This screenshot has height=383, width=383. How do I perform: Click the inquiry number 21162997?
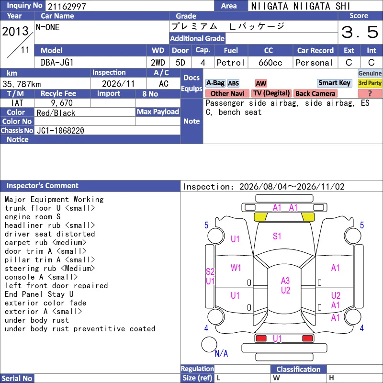coord(67,6)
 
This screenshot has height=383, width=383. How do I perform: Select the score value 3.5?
coord(360,32)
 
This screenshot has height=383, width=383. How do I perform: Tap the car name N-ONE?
coord(47,27)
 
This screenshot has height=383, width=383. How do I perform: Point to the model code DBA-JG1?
coord(57,63)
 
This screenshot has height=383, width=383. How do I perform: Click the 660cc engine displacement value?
coord(270,63)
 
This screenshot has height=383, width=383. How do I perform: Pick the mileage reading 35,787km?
coord(22,84)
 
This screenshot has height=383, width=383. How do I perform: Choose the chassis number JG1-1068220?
coord(60,131)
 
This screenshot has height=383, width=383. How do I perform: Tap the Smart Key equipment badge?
coord(334,83)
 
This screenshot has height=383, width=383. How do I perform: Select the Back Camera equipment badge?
coord(315,93)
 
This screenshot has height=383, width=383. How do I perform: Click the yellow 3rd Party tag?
coord(370,83)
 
